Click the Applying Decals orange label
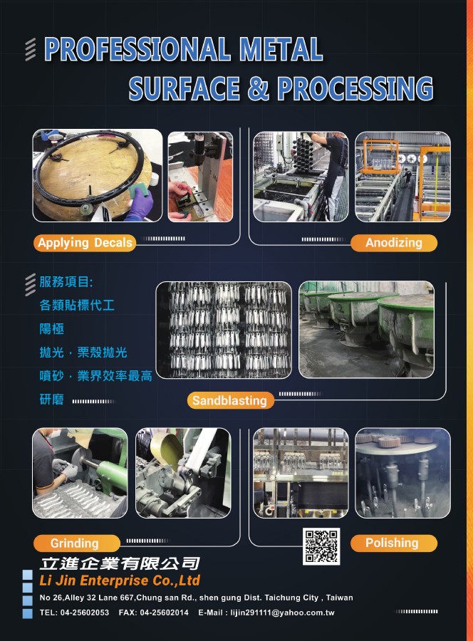[85, 243]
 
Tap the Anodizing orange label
[394, 243]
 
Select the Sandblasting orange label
[230, 400]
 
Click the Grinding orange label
[76, 543]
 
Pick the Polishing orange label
[394, 543]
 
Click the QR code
[321, 546]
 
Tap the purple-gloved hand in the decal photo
[140, 204]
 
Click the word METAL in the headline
[281, 50]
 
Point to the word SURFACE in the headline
[184, 88]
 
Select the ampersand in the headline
[259, 88]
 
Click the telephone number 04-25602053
[85, 613]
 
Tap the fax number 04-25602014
[164, 613]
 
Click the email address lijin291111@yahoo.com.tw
[283, 613]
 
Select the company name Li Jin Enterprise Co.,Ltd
[120, 580]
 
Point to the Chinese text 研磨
[51, 400]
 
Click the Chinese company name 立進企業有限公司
[120, 563]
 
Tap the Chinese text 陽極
[51, 328]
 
